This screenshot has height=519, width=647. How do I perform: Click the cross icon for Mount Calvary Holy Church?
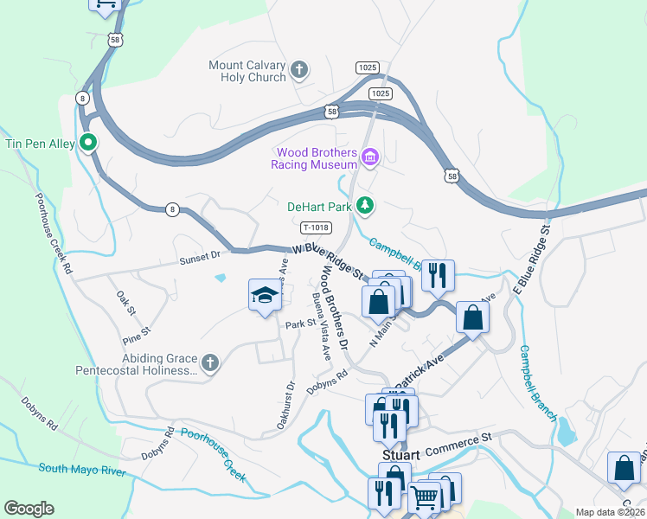299,70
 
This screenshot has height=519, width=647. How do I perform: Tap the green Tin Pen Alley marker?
87,143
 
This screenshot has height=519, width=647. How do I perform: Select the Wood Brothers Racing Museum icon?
370,157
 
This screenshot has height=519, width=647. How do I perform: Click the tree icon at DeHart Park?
366,205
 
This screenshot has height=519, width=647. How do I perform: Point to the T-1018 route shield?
315,228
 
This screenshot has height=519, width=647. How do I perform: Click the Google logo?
29,509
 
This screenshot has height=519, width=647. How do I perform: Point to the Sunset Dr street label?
201,258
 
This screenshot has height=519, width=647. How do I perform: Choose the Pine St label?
138,330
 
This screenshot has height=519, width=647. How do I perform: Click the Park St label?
298,325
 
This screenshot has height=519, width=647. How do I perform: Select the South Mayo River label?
82,471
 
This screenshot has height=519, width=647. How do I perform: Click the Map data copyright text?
611,512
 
